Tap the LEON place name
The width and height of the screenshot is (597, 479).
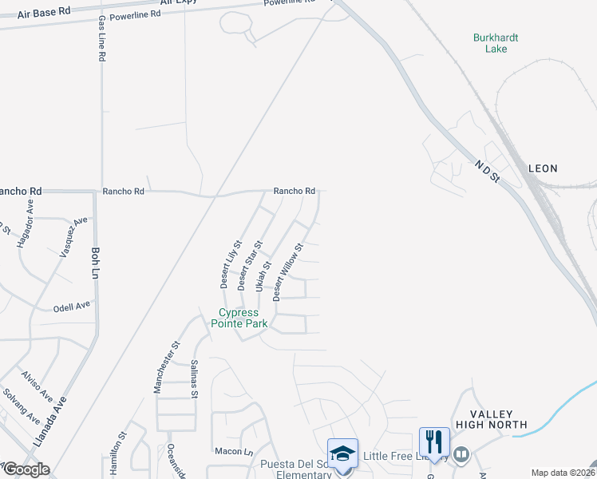coord(543,168)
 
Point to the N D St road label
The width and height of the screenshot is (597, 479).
coord(486,170)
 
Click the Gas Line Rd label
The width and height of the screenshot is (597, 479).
coord(101,40)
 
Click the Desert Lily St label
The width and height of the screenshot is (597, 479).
coord(230,264)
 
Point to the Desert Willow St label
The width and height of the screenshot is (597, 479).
coord(288,272)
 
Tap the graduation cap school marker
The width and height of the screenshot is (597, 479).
coord(342,454)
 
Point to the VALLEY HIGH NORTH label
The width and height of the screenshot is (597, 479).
coord(489,419)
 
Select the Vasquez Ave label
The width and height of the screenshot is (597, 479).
coord(71,236)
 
